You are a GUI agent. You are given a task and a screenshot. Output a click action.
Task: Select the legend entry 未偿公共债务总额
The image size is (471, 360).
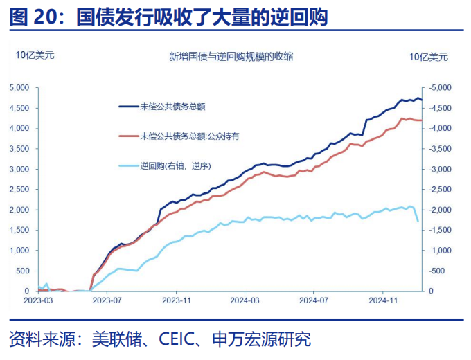172,107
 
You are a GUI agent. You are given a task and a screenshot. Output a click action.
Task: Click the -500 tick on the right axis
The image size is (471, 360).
438,271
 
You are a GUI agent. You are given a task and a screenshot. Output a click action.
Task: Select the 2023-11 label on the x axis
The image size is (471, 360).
176,300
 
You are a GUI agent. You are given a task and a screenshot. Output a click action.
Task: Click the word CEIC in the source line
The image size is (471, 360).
180,340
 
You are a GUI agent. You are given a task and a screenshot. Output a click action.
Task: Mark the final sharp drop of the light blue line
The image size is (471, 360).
416,215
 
